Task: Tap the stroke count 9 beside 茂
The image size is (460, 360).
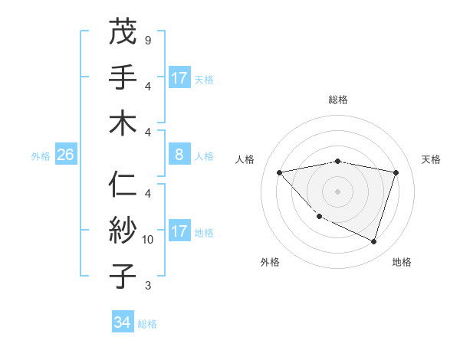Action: click(147, 40)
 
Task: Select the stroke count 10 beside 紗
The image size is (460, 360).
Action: click(148, 240)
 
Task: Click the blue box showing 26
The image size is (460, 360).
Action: click(65, 155)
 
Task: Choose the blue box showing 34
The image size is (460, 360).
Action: click(122, 323)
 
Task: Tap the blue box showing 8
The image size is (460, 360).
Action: click(179, 155)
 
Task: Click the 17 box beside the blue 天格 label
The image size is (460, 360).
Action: click(179, 78)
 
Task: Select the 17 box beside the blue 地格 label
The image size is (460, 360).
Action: click(179, 232)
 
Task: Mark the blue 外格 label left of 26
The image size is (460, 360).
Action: click(41, 156)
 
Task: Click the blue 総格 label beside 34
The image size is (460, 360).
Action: click(147, 324)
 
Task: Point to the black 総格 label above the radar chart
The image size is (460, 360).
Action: click(338, 100)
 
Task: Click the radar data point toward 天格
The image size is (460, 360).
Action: click(396, 172)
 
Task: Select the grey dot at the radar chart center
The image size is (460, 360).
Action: click(338, 191)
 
